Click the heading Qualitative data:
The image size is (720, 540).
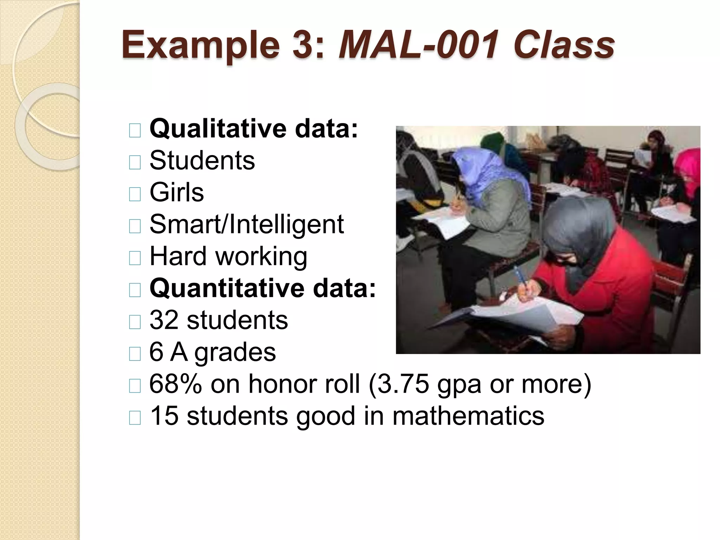point(253,129)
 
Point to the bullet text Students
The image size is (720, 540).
point(202,161)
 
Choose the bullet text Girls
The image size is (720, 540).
point(176,192)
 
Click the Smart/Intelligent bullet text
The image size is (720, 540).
point(246,224)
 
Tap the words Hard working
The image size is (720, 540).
point(228,256)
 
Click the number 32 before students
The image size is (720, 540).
point(164,320)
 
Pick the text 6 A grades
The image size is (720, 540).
point(212,352)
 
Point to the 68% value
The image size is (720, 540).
point(175,384)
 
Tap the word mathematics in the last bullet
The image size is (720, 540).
point(468,416)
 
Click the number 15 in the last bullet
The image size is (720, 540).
point(164,416)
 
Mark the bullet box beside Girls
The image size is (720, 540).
point(135,194)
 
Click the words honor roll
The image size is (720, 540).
point(304,384)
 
